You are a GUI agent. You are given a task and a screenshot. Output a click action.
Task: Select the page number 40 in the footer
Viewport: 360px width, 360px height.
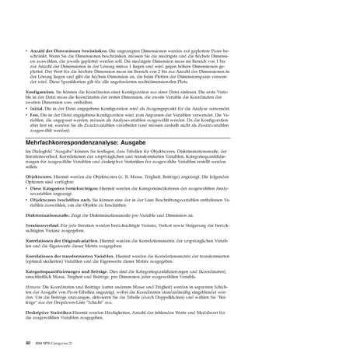28,341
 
